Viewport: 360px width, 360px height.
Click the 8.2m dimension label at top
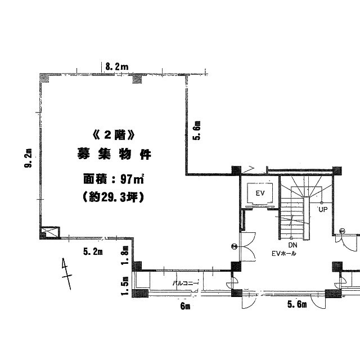(117, 67)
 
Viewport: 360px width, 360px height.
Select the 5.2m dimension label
(93, 251)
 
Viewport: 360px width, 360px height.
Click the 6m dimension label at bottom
(185, 306)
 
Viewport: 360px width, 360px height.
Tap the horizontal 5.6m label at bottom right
(296, 305)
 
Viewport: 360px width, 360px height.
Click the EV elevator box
(260, 193)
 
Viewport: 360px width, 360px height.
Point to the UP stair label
(322, 210)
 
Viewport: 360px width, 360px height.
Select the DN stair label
(292, 246)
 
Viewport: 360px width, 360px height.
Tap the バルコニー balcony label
(186, 283)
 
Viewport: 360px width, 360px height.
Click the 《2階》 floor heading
(114, 136)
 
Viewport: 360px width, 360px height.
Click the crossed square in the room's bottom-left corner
(49, 231)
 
